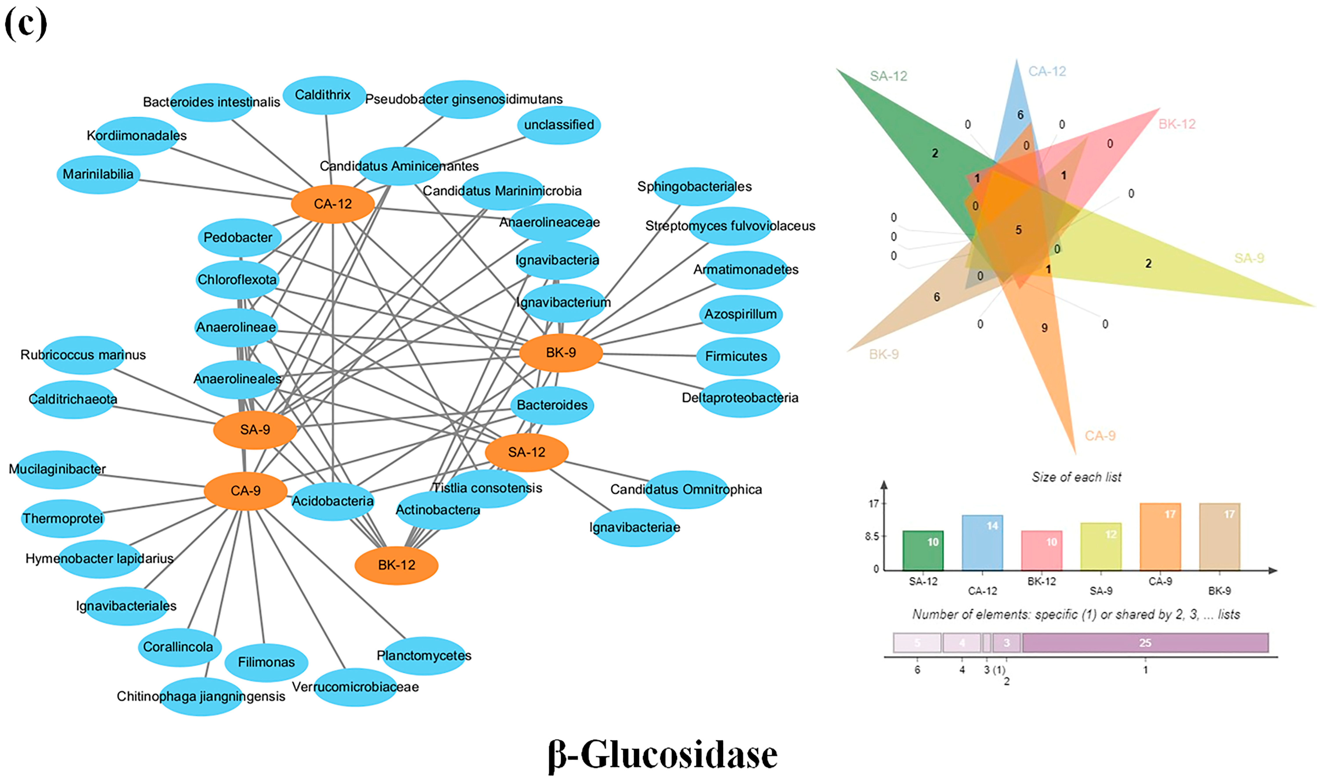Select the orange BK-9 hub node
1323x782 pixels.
[561, 353]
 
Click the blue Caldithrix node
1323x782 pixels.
[323, 95]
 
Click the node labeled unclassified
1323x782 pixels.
[559, 125]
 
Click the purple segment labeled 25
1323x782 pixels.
[1145, 643]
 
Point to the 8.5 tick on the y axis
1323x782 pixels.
[872, 536]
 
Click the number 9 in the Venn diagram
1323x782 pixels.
[1044, 328]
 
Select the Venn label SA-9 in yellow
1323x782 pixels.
[1249, 258]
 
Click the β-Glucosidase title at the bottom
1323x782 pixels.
[662, 755]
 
